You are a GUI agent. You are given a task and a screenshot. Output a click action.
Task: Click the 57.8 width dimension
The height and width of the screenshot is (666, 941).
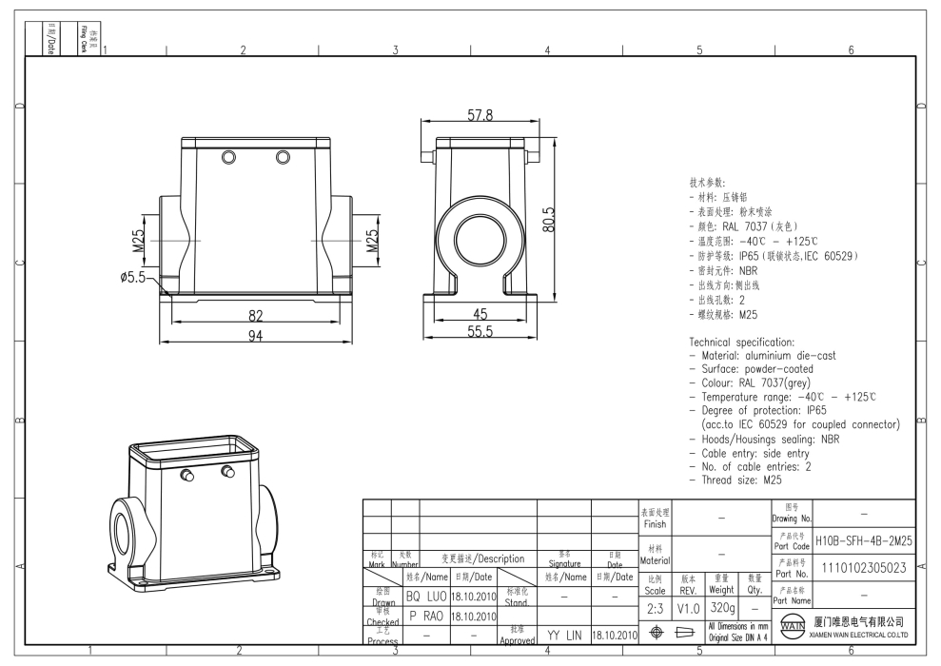click(480, 115)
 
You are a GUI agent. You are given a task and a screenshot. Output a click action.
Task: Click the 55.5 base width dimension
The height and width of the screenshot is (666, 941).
click(480, 332)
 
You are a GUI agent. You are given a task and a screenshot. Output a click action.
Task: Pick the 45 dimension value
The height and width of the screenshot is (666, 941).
click(480, 315)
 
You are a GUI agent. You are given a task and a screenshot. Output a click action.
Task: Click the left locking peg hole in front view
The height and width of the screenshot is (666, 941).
click(227, 156)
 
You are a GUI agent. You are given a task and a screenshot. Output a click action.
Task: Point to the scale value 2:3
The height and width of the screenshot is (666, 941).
click(655, 607)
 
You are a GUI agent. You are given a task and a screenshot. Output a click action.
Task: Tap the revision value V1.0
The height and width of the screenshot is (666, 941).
click(688, 607)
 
